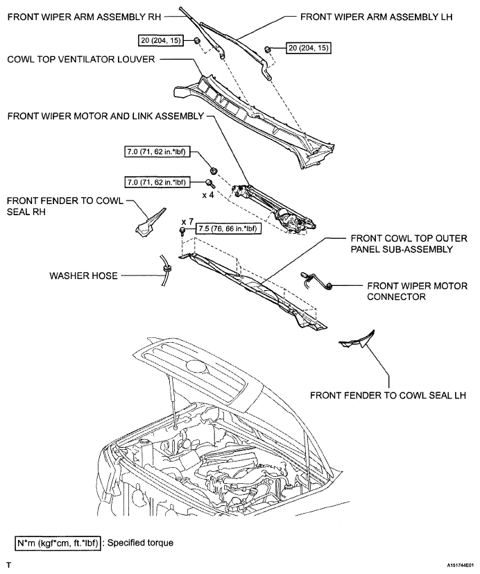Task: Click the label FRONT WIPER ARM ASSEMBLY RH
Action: (x=84, y=17)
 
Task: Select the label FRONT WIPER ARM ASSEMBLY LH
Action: (x=377, y=17)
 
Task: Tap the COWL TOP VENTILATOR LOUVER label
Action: (x=81, y=59)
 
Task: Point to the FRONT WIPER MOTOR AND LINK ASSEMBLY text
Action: (x=105, y=116)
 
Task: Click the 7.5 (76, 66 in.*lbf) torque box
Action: (x=229, y=229)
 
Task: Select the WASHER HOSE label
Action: (x=83, y=276)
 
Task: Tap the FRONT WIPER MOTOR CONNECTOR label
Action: (x=417, y=292)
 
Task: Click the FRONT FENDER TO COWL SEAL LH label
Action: (x=388, y=396)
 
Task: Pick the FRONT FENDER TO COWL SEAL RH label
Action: (x=65, y=206)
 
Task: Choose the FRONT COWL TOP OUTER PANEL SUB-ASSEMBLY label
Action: (x=409, y=244)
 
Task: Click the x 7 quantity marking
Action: (x=187, y=222)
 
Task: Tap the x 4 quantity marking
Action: (x=208, y=195)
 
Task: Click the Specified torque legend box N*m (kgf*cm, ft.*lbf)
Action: (x=58, y=543)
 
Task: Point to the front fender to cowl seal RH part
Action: (x=149, y=222)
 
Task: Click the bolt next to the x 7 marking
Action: (x=182, y=230)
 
